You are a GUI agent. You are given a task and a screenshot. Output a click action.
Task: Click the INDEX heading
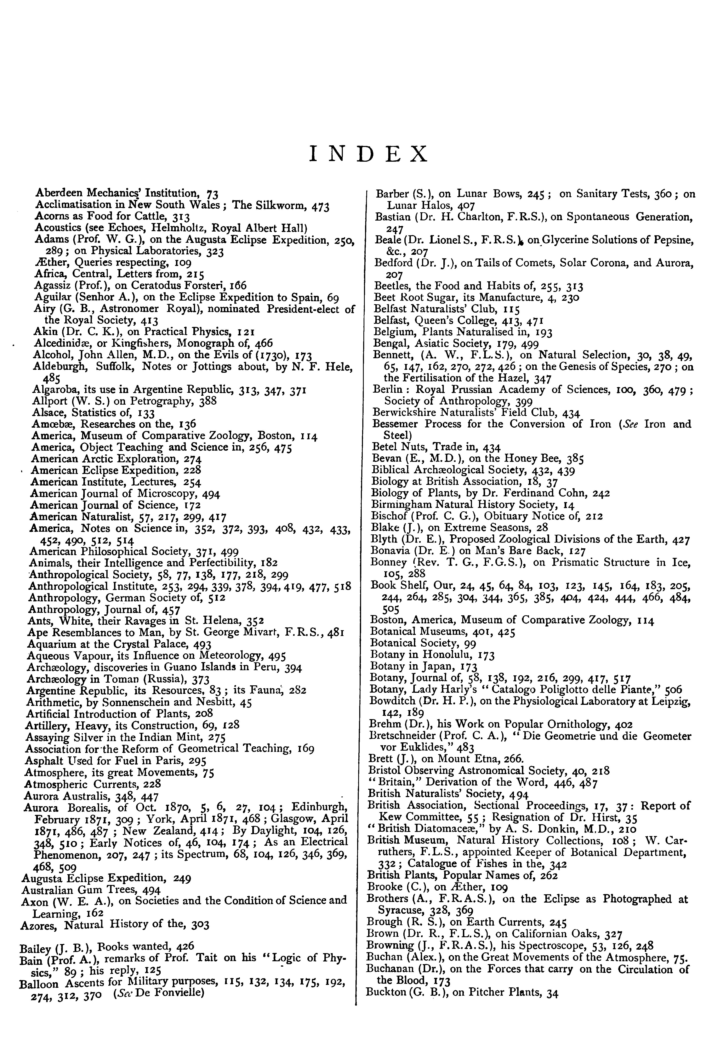point(369,154)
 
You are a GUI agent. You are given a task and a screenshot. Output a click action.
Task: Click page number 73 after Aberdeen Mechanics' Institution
point(212,194)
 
